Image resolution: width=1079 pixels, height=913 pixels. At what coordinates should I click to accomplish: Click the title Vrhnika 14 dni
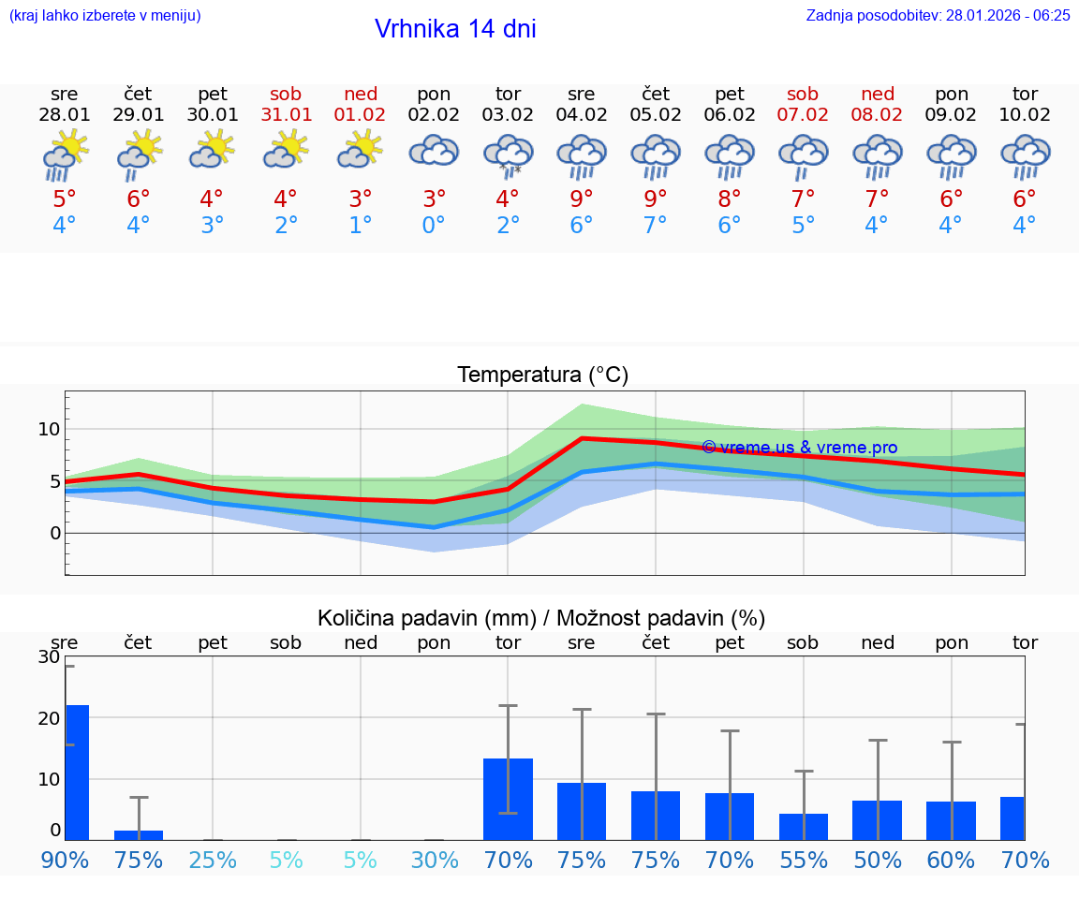[455, 29]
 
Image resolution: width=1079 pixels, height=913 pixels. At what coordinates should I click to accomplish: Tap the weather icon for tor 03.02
[508, 155]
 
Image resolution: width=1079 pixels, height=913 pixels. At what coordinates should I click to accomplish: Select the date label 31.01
[286, 115]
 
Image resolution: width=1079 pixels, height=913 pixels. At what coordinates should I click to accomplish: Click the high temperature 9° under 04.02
[582, 199]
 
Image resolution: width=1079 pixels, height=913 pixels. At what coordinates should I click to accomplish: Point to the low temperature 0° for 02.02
[434, 226]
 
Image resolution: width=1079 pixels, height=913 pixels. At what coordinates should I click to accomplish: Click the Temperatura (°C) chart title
[542, 376]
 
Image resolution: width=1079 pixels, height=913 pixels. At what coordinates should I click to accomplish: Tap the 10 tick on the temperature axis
[49, 430]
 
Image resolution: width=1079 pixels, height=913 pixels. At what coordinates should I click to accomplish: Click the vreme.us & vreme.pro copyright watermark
[799, 448]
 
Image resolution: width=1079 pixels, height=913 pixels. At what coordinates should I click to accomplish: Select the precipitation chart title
[541, 618]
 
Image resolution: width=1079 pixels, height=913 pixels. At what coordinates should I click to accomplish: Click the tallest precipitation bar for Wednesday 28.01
[77, 773]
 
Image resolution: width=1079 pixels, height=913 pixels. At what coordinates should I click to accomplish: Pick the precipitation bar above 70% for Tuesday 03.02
[508, 799]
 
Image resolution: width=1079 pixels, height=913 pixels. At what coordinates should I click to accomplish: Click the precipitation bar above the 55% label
[804, 827]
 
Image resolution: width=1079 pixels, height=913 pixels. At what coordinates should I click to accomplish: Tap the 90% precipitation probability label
[66, 860]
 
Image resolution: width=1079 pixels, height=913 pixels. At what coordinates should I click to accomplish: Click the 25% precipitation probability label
[213, 860]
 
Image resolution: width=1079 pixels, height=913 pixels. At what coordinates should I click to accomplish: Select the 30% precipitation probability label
[435, 860]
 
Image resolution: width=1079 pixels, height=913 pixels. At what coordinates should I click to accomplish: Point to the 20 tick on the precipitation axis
[49, 718]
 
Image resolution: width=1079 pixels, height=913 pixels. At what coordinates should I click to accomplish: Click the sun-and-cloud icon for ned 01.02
[361, 150]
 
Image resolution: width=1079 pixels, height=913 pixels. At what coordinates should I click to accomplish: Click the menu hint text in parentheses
[105, 16]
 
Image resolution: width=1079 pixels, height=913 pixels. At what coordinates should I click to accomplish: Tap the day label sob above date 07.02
[803, 95]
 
